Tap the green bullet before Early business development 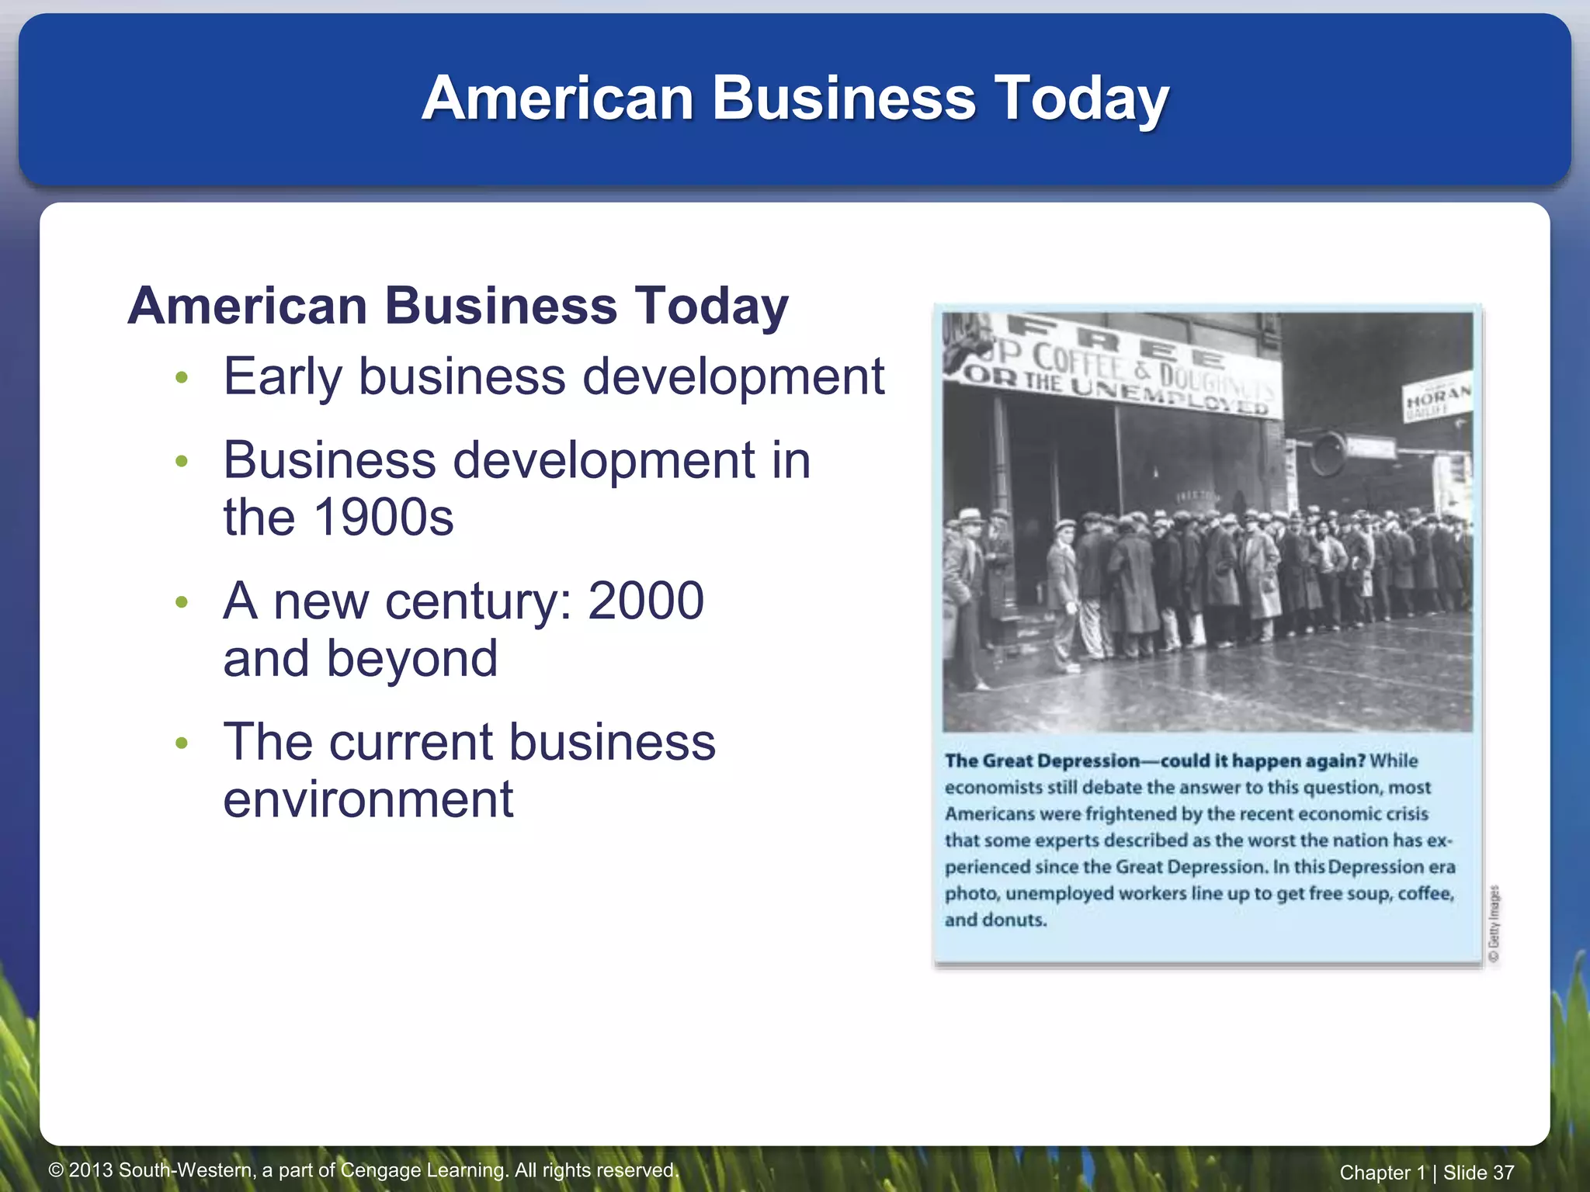point(182,378)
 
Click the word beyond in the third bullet point(411,658)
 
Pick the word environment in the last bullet point(368,799)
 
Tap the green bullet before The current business point(182,743)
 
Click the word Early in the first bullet point(283,376)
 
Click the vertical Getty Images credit point(1495,924)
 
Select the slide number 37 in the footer point(1503,1173)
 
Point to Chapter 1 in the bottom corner point(1382,1173)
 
